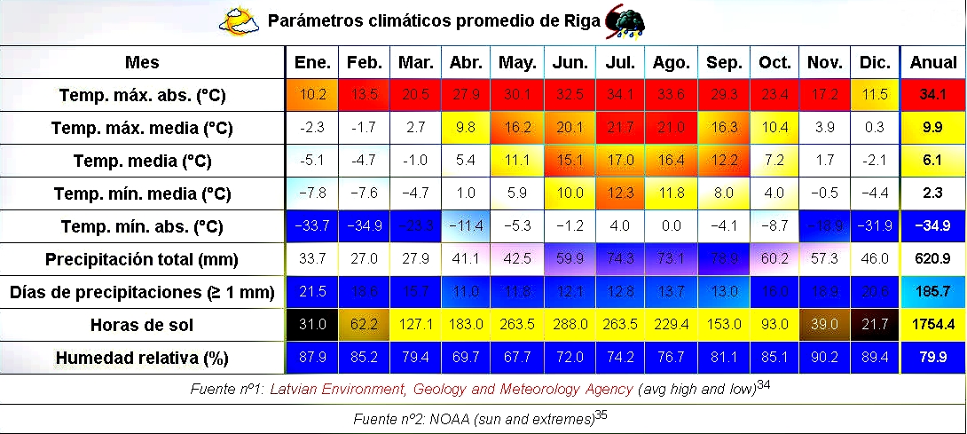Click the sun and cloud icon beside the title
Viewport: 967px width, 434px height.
(x=239, y=21)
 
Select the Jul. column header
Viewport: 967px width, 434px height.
(x=620, y=63)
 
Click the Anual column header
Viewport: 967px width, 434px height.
(x=932, y=63)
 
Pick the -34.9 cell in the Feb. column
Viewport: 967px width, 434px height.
(x=365, y=226)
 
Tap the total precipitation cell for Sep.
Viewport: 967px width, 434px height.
(x=724, y=259)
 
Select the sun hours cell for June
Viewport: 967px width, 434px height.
(x=570, y=325)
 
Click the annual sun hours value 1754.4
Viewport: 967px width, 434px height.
(x=932, y=325)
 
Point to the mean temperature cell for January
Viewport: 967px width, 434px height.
(x=313, y=161)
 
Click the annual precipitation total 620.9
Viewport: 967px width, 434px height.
(x=932, y=259)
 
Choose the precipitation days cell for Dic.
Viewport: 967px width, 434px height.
(x=875, y=292)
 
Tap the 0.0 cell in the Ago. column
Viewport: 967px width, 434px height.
(x=672, y=226)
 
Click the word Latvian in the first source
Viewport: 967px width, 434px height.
(x=295, y=389)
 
